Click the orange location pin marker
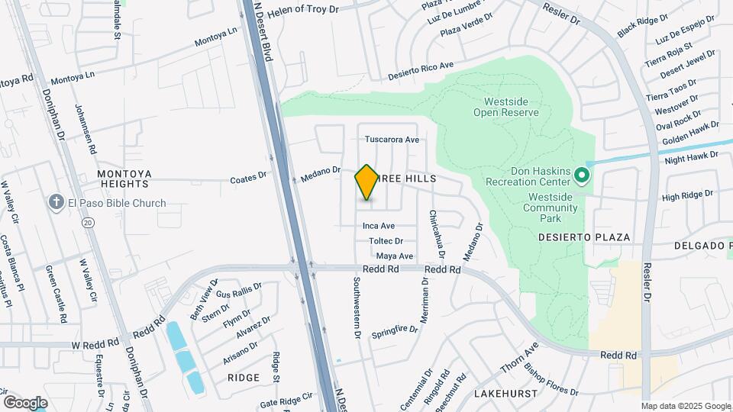(x=366, y=182)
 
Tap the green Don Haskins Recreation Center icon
(x=581, y=176)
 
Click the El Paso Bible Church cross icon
(x=56, y=202)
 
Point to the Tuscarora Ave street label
(x=392, y=140)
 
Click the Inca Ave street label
(x=378, y=226)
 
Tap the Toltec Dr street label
(x=386, y=241)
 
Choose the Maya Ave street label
(x=395, y=256)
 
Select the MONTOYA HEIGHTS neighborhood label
(x=124, y=179)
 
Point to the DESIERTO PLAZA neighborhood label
(x=584, y=237)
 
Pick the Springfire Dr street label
(x=395, y=330)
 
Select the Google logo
(x=25, y=402)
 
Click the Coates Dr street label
(x=248, y=180)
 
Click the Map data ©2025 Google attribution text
(x=685, y=406)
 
